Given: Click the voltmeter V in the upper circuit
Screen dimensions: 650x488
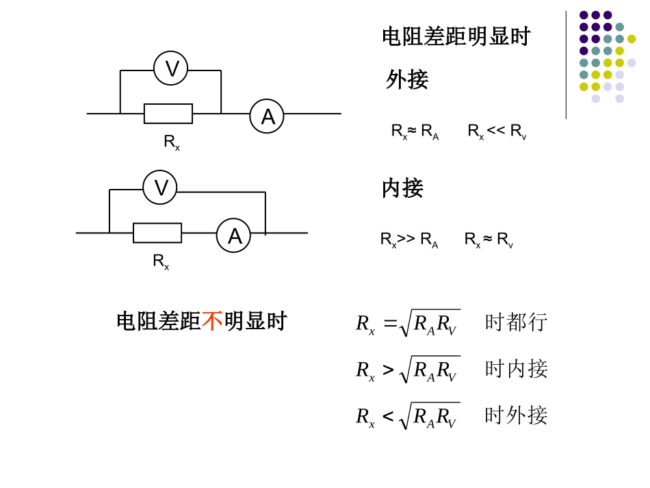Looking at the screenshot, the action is pyautogui.click(x=171, y=68).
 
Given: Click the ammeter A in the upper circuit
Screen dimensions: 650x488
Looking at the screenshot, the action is pyautogui.click(x=267, y=116).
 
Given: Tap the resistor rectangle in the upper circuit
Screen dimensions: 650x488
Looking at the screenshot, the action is pyautogui.click(x=168, y=114).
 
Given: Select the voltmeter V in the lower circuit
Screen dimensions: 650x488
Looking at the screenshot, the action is pyautogui.click(x=160, y=187).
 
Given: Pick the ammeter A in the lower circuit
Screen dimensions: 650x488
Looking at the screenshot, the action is pyautogui.click(x=234, y=235).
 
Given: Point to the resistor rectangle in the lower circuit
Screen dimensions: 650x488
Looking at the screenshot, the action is pyautogui.click(x=157, y=233).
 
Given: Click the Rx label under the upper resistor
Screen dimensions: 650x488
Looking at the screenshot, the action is pyautogui.click(x=172, y=142).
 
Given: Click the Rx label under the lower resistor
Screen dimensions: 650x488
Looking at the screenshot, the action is pyautogui.click(x=161, y=261).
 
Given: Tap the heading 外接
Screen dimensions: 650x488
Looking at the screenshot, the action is pyautogui.click(x=407, y=79).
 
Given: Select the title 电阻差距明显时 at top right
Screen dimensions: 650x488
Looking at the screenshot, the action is pyautogui.click(x=456, y=36).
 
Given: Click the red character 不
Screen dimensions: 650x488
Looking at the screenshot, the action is pyautogui.click(x=212, y=321).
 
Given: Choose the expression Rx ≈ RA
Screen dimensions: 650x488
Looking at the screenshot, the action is pyautogui.click(x=415, y=131).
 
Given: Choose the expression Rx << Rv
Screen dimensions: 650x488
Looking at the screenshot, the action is pyautogui.click(x=497, y=131).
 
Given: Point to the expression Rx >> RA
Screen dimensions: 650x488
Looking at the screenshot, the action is pyautogui.click(x=409, y=240).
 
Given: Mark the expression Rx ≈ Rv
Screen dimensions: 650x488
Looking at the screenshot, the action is pyautogui.click(x=489, y=240).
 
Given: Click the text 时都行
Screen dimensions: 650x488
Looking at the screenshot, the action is pyautogui.click(x=516, y=322).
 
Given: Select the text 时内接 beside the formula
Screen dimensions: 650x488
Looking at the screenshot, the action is pyautogui.click(x=516, y=369).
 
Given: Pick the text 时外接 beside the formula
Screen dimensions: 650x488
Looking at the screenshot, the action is pyautogui.click(x=516, y=415).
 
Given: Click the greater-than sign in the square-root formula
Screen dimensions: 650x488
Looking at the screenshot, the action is pyautogui.click(x=388, y=370).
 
